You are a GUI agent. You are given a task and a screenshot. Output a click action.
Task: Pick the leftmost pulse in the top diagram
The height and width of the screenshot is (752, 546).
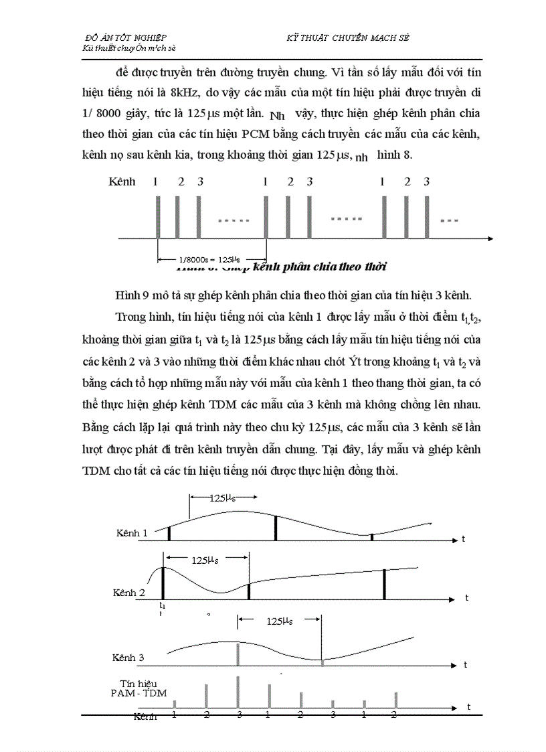158,217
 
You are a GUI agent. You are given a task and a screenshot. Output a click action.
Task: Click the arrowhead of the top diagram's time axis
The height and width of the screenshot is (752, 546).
490,238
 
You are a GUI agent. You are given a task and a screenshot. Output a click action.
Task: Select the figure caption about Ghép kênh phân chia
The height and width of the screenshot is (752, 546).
281,267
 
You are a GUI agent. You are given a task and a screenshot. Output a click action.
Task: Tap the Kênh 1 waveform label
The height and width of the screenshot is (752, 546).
131,533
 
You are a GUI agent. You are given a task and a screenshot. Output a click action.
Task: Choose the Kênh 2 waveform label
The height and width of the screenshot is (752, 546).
128,593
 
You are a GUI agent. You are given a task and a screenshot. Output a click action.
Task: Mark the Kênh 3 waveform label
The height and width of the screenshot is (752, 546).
128,658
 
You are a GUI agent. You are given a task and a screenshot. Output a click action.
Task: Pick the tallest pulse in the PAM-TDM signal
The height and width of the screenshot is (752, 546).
238,692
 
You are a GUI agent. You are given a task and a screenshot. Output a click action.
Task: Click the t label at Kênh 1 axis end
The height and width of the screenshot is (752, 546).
462,538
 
